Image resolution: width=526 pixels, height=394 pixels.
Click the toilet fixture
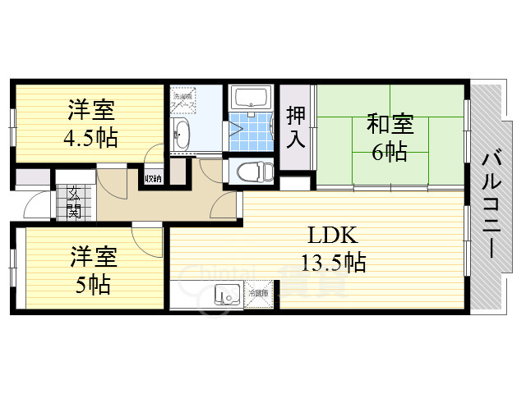[x=250, y=172]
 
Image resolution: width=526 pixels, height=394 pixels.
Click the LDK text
[x=332, y=237]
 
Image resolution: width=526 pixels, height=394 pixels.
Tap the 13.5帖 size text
[x=332, y=263]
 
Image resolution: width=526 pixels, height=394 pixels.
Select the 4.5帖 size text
[x=92, y=135]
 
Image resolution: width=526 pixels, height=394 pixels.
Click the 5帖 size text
[x=90, y=284]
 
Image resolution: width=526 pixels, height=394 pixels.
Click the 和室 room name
[x=390, y=125]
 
